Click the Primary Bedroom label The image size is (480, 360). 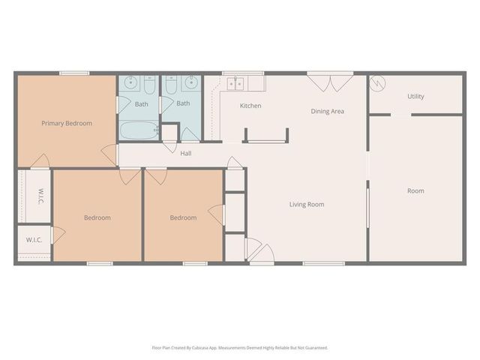coord(67,123)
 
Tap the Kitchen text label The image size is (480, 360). coord(250,106)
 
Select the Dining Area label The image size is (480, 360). coord(328,112)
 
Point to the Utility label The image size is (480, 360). coord(415,97)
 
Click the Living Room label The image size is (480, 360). coord(307,204)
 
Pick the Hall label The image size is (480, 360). coord(185,153)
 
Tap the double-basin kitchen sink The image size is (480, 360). coord(235,82)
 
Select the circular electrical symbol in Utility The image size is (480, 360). coord(378,82)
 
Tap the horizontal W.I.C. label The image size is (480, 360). coord(34,240)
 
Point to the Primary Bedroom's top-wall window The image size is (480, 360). coord(74,73)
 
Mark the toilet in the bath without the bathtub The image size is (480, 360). coord(171,84)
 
